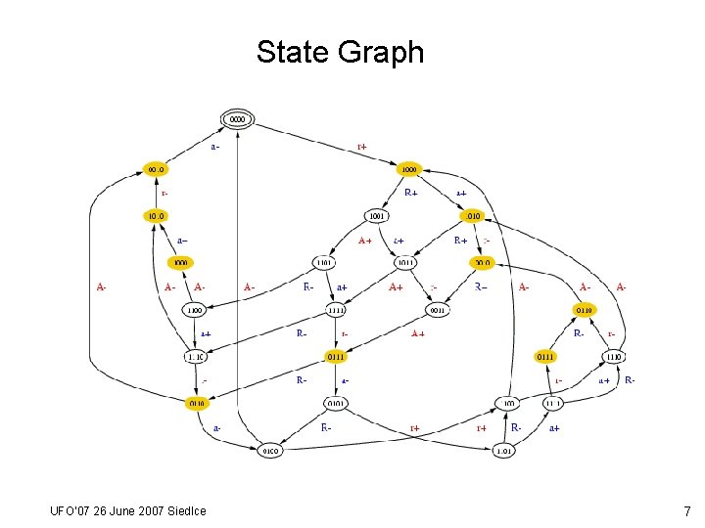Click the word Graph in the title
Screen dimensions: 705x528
click(x=381, y=52)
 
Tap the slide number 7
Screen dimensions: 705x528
click(x=687, y=511)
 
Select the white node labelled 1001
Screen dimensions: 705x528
click(x=377, y=215)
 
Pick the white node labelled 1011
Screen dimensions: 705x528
click(x=405, y=262)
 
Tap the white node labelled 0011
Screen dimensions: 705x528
click(x=437, y=310)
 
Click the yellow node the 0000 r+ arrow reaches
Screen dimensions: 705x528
click(x=409, y=169)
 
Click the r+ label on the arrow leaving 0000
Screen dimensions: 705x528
click(x=362, y=148)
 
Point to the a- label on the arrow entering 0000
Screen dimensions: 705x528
click(x=214, y=148)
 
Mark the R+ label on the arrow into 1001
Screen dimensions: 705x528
click(x=411, y=193)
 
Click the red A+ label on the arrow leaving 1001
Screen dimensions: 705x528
click(x=364, y=240)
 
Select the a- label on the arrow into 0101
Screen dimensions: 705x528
click(x=346, y=379)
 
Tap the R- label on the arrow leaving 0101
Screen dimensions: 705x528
click(x=326, y=427)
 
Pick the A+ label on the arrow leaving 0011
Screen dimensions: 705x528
click(x=418, y=333)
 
